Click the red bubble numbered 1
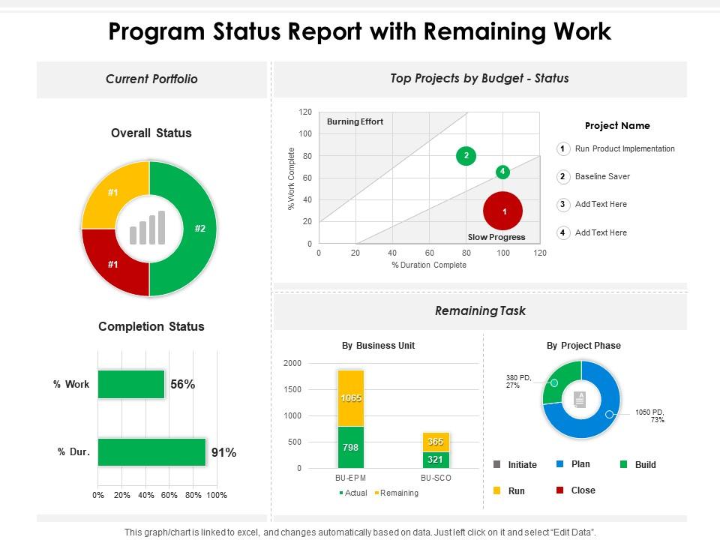tap(504, 211)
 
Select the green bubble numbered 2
tap(466, 156)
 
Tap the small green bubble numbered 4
tap(502, 172)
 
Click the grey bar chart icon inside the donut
tap(148, 228)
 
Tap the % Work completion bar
tap(131, 384)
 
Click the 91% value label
tap(223, 452)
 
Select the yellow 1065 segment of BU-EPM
tap(350, 398)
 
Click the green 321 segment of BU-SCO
tap(436, 459)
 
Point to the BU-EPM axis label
tap(350, 478)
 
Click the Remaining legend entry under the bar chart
tap(398, 493)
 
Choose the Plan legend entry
tap(580, 464)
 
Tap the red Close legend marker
tap(559, 490)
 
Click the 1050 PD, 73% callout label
tap(649, 415)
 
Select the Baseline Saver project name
tap(602, 176)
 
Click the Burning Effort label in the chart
tap(355, 121)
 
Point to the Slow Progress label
tap(496, 237)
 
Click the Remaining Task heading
tap(480, 310)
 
